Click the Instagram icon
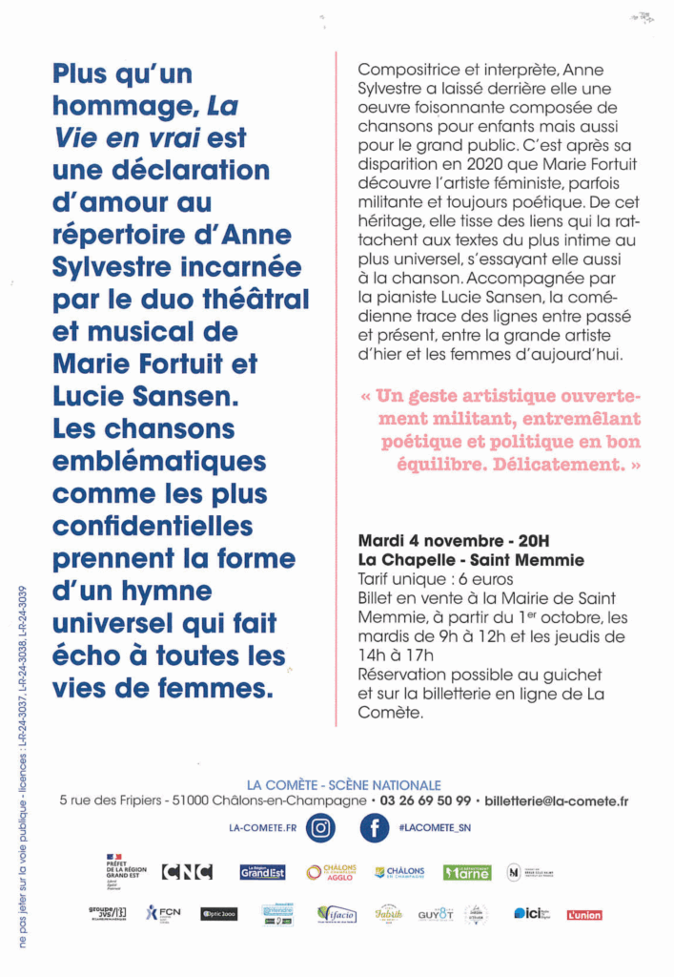(321, 828)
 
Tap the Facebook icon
(374, 828)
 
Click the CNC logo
(186, 871)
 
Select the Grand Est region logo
(262, 871)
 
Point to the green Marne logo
(467, 871)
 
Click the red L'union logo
(584, 915)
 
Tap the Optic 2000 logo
(219, 914)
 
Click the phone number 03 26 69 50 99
(424, 801)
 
